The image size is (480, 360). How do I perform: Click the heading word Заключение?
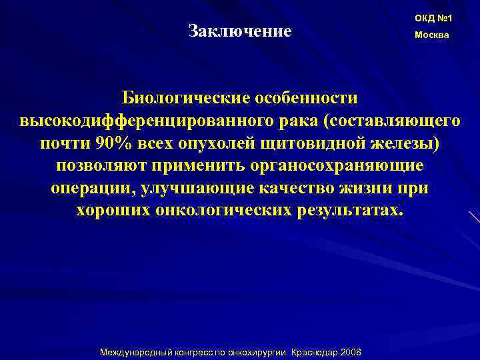click(x=240, y=31)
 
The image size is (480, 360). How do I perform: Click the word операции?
click(x=91, y=189)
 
